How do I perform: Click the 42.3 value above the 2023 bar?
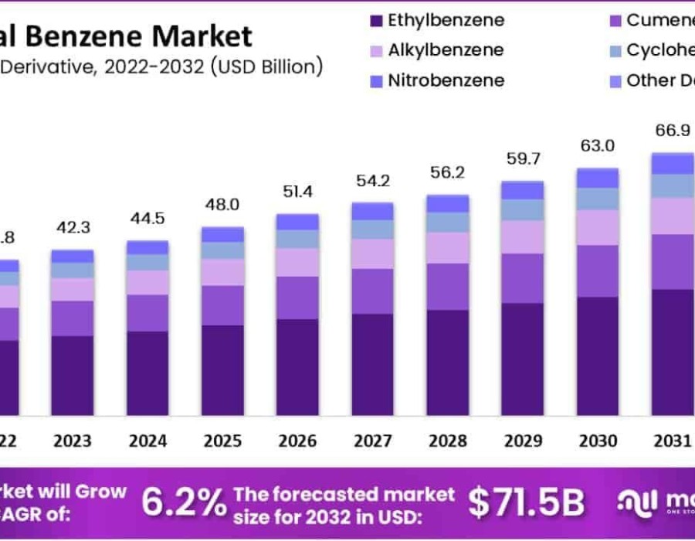tap(72, 228)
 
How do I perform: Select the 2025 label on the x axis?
tap(222, 441)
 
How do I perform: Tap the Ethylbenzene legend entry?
tap(436, 20)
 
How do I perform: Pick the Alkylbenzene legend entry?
tap(436, 50)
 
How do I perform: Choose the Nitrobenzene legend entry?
tap(436, 80)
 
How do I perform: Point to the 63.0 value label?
tap(598, 146)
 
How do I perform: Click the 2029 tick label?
tap(523, 441)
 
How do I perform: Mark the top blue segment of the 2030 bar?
tap(598, 178)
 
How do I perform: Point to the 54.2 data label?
tap(372, 181)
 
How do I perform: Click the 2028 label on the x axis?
tap(448, 441)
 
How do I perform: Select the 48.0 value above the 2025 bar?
tap(222, 206)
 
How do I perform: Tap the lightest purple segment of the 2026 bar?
tap(297, 262)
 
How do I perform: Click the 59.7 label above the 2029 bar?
tap(523, 160)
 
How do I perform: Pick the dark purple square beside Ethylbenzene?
tap(377, 21)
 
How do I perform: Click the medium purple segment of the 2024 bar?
tap(147, 313)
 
